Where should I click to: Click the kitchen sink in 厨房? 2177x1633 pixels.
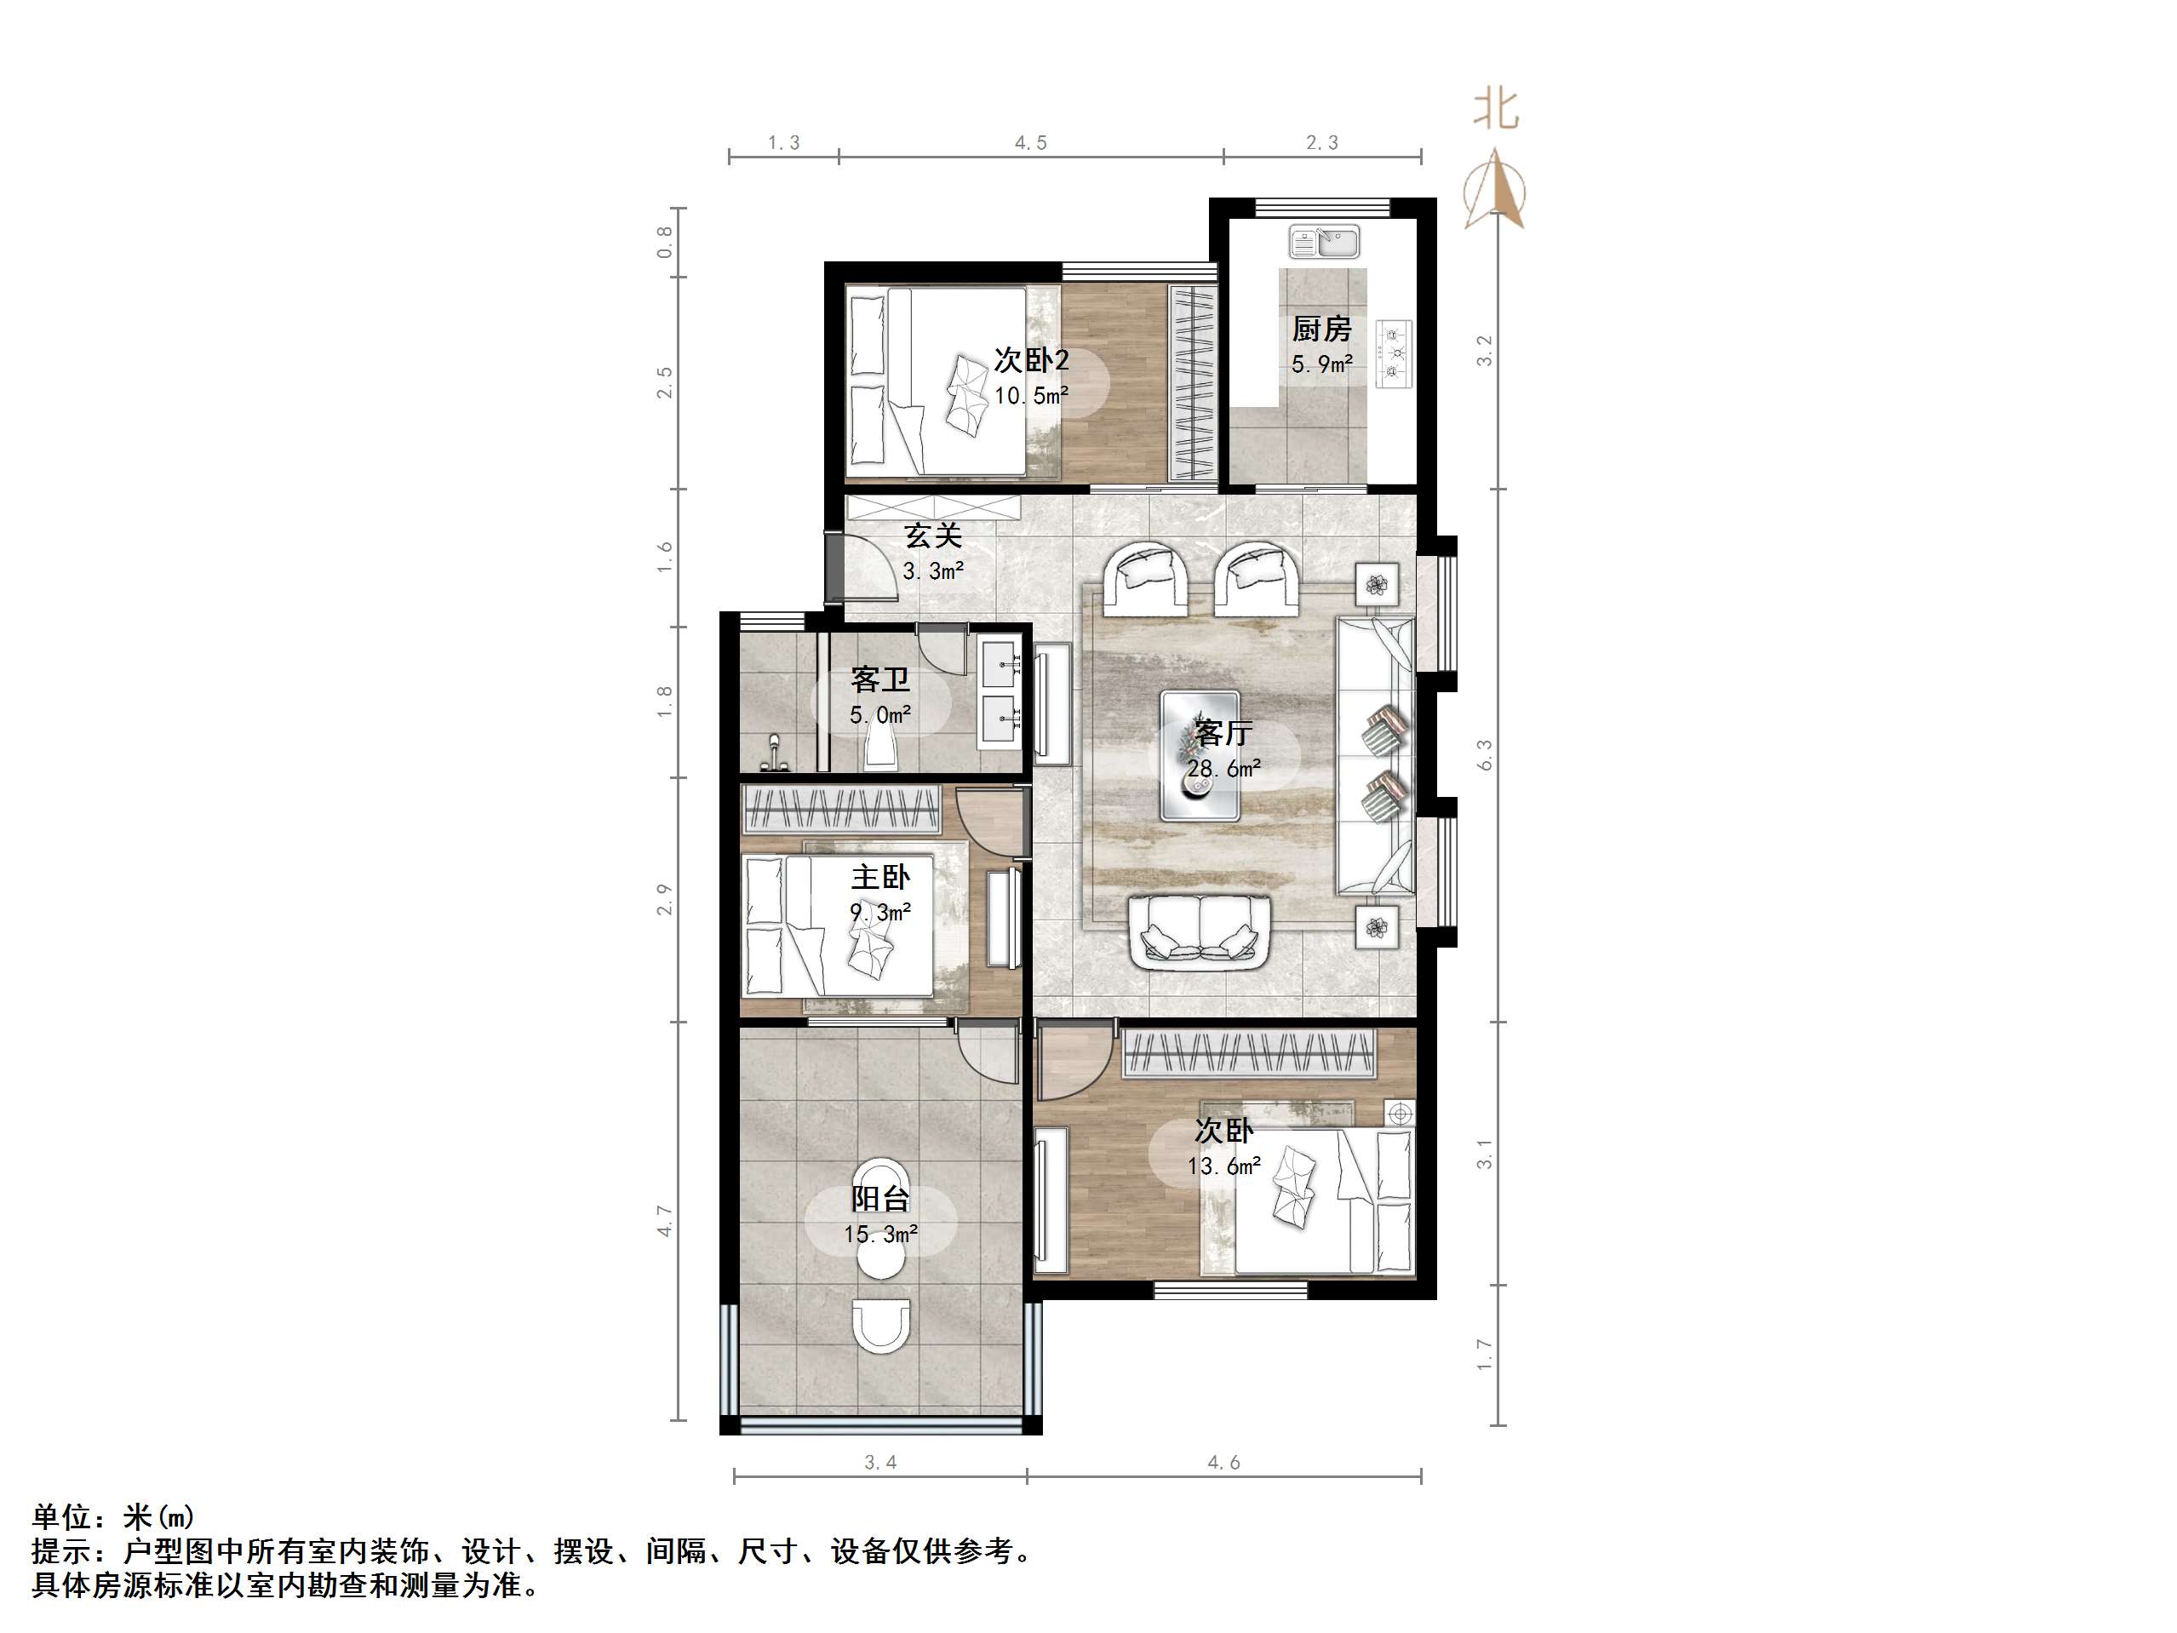tap(1325, 240)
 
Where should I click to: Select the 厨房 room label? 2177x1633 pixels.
tap(1321, 329)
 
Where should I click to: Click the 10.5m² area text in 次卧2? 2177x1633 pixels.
tap(1030, 396)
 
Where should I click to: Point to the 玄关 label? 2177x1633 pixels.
tap(933, 536)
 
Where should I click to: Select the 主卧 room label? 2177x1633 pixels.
tap(879, 877)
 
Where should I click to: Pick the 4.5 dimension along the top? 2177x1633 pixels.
tap(1030, 144)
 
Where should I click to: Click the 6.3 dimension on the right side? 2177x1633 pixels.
tap(1485, 755)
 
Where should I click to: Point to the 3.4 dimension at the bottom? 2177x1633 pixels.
tap(879, 1463)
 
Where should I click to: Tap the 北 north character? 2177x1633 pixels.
tap(1496, 110)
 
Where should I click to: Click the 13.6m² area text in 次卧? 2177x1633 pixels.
tap(1224, 1166)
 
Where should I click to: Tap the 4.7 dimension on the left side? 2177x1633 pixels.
tap(665, 1221)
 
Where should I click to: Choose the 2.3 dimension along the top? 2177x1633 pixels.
tap(1321, 144)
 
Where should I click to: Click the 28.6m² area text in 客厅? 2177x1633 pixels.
tap(1223, 769)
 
